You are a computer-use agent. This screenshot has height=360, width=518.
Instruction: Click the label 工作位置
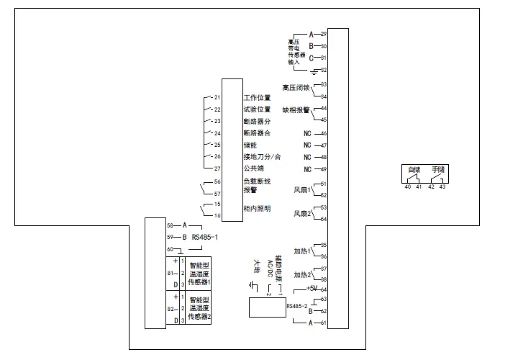(x=257, y=97)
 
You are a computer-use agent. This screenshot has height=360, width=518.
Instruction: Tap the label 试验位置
(x=257, y=109)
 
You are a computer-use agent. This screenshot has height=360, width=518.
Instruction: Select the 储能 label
(x=250, y=145)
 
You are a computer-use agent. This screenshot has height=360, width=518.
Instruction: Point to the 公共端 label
(x=253, y=168)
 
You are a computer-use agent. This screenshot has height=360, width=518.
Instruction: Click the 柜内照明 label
(x=257, y=209)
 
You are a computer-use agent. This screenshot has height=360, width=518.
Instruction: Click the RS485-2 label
(x=296, y=306)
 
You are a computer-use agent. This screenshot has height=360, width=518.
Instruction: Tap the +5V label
(x=312, y=288)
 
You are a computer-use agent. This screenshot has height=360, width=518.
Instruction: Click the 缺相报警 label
(x=296, y=111)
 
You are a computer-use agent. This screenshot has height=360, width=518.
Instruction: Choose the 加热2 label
(x=302, y=275)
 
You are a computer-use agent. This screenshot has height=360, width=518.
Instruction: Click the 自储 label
(x=413, y=169)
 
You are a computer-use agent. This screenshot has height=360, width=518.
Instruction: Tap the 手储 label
(x=438, y=169)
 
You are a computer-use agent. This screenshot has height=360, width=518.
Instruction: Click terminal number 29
(x=324, y=34)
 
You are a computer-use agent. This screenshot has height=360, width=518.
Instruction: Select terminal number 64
(x=324, y=289)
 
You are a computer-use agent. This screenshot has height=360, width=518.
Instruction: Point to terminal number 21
(x=217, y=97)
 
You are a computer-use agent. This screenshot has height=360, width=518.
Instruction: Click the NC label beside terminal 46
(x=307, y=133)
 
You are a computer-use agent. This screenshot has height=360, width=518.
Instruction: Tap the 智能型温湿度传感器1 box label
(x=200, y=274)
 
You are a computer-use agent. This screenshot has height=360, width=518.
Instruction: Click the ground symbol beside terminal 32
(x=314, y=71)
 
